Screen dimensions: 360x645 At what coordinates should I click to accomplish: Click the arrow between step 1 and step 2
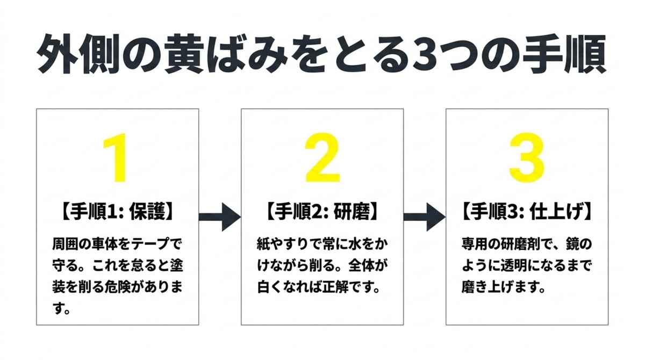219,217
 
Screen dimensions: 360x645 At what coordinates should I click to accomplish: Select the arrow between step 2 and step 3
424,217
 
